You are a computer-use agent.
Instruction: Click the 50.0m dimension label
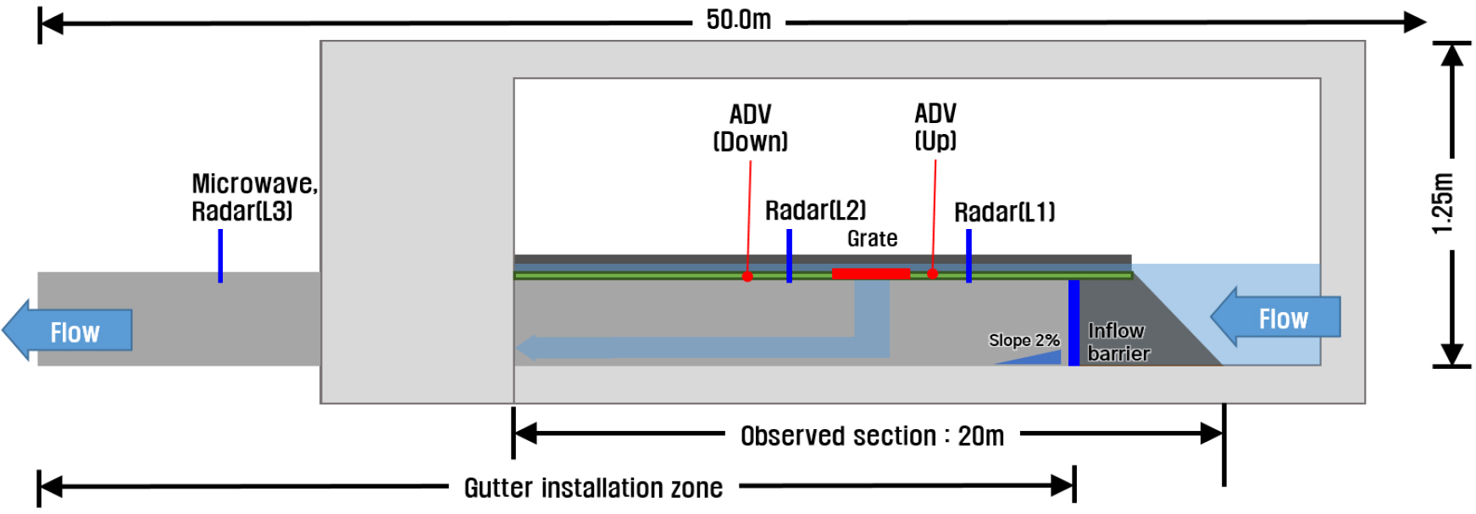click(738, 20)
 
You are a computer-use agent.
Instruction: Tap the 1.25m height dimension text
click(1442, 204)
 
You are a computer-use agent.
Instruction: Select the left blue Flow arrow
click(68, 331)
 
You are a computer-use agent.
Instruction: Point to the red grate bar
click(870, 273)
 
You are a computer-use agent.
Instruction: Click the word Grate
click(872, 238)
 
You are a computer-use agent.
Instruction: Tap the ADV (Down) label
click(750, 127)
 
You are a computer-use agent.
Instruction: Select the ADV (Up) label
click(935, 126)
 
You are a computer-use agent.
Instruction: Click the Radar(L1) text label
click(1004, 212)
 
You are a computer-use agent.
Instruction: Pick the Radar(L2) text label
click(815, 210)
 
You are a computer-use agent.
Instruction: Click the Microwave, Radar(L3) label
click(253, 197)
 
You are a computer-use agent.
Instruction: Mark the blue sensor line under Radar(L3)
click(220, 255)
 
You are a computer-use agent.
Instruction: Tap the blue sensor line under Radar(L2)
click(789, 255)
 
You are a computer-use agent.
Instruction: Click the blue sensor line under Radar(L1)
click(968, 255)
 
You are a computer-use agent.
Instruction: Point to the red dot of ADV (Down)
click(747, 277)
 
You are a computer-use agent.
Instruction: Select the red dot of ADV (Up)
click(932, 274)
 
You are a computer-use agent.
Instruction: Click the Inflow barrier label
click(1118, 342)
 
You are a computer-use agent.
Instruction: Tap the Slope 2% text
click(1024, 340)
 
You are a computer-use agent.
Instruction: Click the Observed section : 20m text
click(872, 436)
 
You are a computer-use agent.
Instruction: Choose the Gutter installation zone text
click(593, 488)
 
